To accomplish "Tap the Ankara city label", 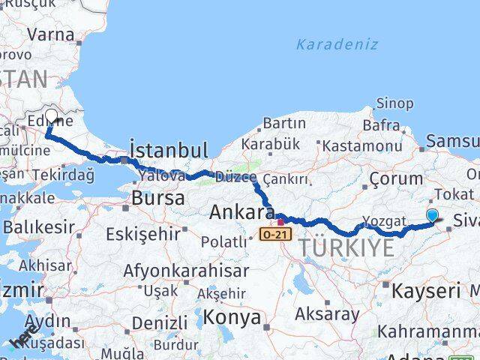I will click(241, 212).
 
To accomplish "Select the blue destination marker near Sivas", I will click(432, 216).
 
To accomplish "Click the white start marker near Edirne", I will click(51, 116).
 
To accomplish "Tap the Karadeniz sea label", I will click(337, 44).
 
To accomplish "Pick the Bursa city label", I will click(157, 199).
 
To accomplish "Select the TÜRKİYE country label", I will click(346, 247).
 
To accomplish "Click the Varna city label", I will click(51, 34).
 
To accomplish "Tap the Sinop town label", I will click(394, 103).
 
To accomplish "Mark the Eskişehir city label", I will click(143, 234).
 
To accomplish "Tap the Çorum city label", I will click(396, 178).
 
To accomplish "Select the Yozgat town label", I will click(384, 220).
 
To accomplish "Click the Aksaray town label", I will click(327, 313).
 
